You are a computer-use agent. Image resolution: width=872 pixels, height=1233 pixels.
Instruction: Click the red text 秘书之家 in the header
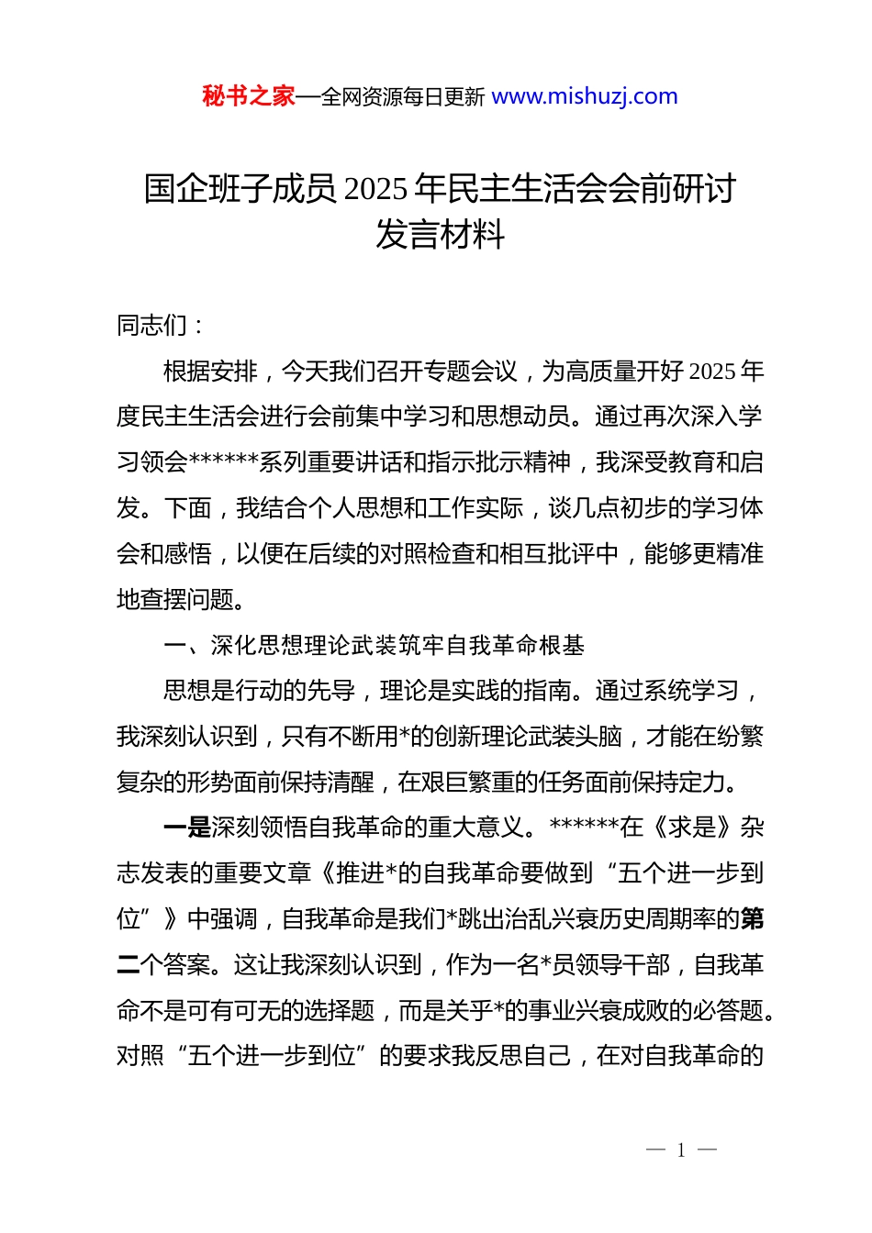(248, 96)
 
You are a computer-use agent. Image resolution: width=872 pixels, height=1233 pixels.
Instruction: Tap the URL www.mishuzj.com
(584, 96)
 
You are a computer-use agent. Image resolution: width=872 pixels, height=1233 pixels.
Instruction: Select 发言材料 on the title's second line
(440, 235)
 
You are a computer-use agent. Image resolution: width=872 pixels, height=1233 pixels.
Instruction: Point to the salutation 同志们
(151, 325)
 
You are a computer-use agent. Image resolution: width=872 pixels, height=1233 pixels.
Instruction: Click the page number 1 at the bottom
(681, 1150)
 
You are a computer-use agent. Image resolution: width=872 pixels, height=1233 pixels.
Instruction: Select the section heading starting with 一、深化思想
(374, 645)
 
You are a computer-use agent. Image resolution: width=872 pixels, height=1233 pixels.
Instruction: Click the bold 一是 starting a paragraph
(186, 828)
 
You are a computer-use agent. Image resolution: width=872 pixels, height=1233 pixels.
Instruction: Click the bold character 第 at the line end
(752, 919)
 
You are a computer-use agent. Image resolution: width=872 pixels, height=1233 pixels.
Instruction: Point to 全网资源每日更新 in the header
(402, 96)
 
